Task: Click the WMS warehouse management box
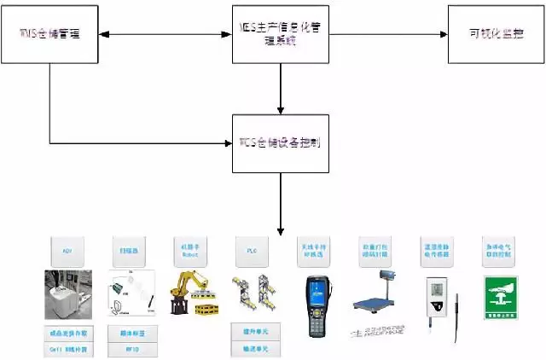[x=49, y=34]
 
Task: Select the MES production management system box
[x=281, y=34]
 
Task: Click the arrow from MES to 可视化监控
[x=388, y=34]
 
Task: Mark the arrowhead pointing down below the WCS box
[x=281, y=231]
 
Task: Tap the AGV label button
[x=67, y=253]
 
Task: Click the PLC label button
[x=252, y=253]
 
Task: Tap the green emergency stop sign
[x=501, y=294]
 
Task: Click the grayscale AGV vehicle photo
[x=67, y=294]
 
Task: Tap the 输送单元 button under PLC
[x=252, y=349]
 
